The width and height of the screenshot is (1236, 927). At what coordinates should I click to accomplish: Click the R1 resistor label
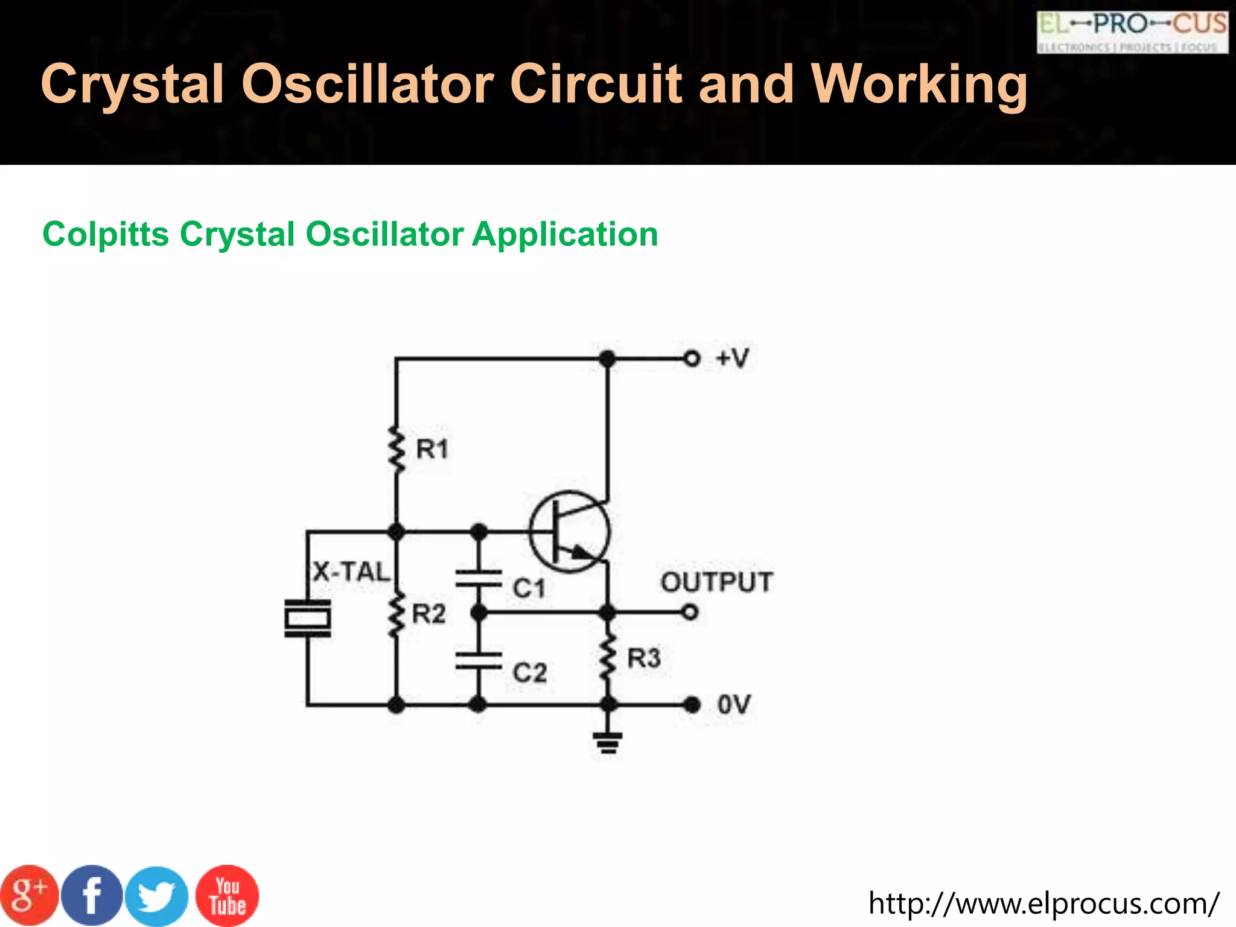click(432, 449)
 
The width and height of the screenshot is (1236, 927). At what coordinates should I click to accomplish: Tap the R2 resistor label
click(428, 614)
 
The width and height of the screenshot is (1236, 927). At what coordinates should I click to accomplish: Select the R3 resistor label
click(644, 658)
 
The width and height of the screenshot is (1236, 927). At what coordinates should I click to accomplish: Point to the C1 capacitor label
click(529, 588)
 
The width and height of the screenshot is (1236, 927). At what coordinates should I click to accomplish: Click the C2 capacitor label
click(530, 672)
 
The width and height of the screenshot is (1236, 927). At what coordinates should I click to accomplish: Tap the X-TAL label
click(352, 572)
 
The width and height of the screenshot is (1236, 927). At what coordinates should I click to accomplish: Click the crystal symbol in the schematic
click(308, 618)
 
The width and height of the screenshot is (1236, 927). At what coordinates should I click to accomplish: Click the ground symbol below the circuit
click(608, 742)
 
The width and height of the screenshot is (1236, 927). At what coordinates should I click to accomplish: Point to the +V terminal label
click(732, 358)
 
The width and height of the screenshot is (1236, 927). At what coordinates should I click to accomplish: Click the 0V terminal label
click(734, 704)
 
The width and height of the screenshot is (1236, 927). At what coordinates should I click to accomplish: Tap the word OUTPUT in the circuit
click(717, 582)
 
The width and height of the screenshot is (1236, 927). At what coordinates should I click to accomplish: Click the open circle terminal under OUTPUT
click(690, 613)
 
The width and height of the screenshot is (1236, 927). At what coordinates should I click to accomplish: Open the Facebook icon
click(92, 896)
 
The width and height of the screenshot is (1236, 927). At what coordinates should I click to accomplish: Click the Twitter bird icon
click(157, 896)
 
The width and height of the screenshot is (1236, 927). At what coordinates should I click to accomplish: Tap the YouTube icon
click(228, 896)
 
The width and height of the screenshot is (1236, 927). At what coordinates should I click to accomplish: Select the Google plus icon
click(29, 896)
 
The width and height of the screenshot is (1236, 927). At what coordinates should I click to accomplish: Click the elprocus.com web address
click(1043, 903)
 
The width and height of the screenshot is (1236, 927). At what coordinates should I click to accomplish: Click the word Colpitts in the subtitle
click(106, 234)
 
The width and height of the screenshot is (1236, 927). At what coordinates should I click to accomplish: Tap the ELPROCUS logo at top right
click(1132, 32)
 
